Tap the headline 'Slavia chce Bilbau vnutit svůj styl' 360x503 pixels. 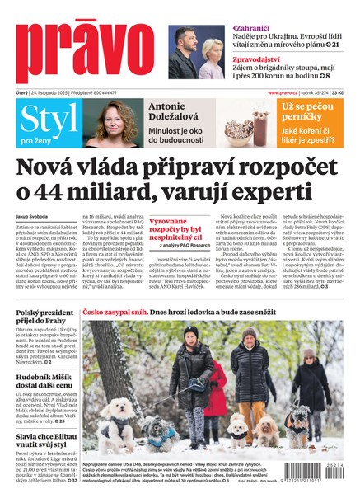(x=47, y=440)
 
